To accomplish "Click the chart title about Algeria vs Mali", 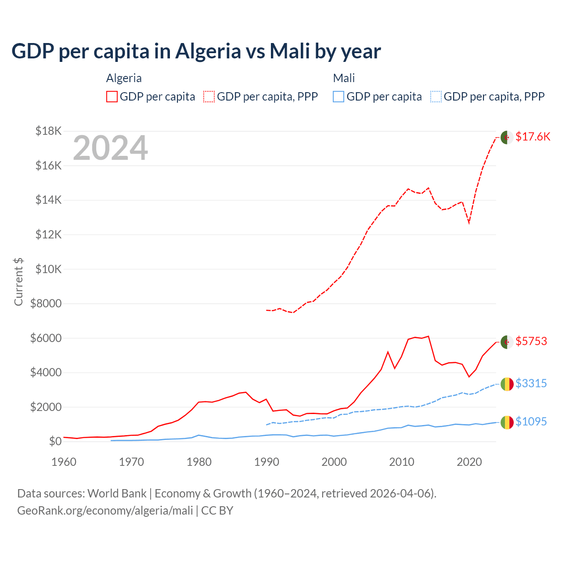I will (196, 51).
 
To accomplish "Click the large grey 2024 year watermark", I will (110, 148).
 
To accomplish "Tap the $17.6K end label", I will (533, 137).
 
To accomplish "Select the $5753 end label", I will (531, 341).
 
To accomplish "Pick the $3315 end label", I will (531, 383).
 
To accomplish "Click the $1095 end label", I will (531, 421).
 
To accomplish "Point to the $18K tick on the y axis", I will (48, 131).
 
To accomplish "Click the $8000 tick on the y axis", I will (46, 303).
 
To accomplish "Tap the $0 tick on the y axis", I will (55, 441).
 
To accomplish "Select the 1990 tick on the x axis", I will (267, 462).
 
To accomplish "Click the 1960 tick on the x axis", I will (64, 462).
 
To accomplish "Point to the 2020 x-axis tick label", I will (469, 462).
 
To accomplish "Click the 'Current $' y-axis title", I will (18, 281).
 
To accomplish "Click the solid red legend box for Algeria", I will (112, 97).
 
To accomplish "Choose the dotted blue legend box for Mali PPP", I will (436, 97).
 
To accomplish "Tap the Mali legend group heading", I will (344, 78).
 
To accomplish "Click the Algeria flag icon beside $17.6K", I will (507, 137).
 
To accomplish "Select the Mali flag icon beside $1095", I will (507, 422).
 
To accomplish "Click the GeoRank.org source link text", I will (105, 511).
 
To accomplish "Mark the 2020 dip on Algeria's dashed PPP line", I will (469, 223).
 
